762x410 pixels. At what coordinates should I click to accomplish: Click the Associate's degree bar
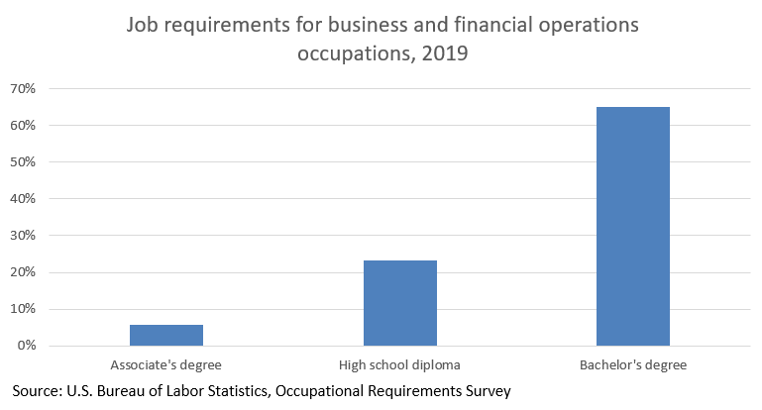pyautogui.click(x=165, y=335)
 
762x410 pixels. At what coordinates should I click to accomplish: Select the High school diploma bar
pyautogui.click(x=399, y=303)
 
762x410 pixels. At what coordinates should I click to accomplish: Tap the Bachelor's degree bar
pyautogui.click(x=632, y=226)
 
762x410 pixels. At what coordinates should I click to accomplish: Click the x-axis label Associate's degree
pyautogui.click(x=165, y=365)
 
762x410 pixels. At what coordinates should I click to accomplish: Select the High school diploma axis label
pyautogui.click(x=399, y=365)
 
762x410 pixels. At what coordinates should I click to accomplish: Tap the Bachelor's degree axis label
pyautogui.click(x=632, y=365)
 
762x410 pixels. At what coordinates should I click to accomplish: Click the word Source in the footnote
pyautogui.click(x=39, y=391)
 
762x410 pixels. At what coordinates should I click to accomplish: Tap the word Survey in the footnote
pyautogui.click(x=486, y=391)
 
